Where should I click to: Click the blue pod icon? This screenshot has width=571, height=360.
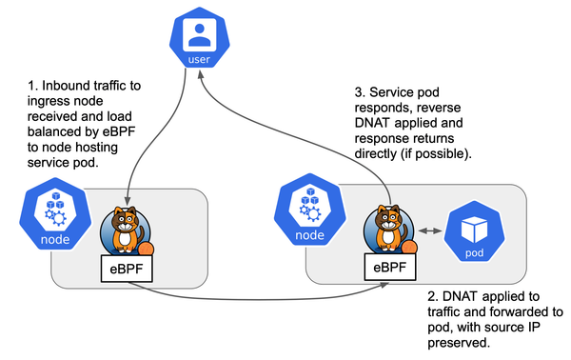474,233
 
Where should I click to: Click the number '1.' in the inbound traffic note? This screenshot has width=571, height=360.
36,87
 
